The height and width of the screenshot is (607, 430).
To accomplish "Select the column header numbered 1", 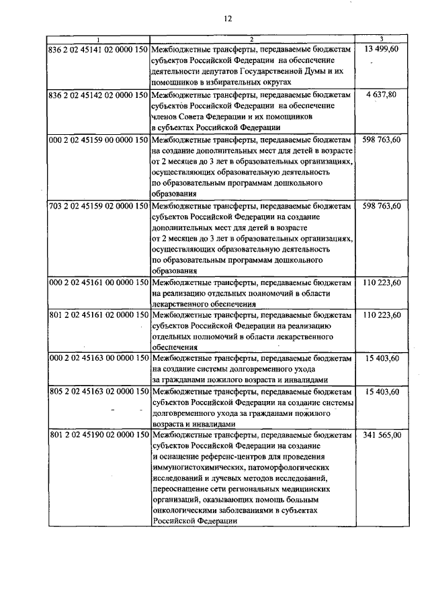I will [99, 40].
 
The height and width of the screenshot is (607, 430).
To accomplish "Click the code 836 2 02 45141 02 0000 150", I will [98, 49].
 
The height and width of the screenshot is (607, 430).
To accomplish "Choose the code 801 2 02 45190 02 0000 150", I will [98, 435].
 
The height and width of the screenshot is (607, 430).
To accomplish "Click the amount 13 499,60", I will [381, 49].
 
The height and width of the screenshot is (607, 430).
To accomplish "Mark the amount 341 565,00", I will [381, 435].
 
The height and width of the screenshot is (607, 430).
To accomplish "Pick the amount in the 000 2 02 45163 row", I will [381, 359].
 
